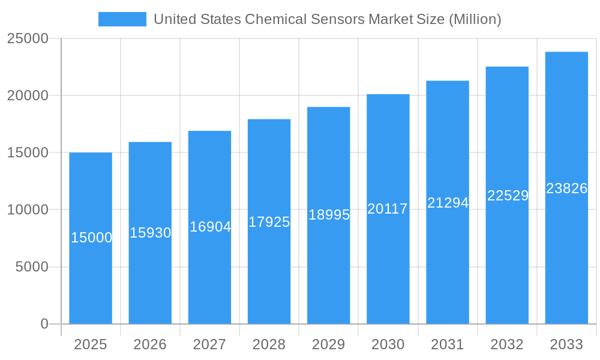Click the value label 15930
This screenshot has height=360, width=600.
point(151,233)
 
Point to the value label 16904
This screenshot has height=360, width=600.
point(210,227)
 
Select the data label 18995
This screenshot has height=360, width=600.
point(329,215)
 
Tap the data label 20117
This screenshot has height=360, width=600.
point(388,209)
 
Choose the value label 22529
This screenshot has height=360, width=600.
point(508,196)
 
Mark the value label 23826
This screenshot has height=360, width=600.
point(566,188)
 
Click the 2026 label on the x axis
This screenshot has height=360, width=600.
point(150,344)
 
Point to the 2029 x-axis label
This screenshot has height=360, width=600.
point(328,344)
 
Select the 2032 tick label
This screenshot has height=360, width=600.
point(507,344)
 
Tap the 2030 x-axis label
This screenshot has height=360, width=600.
point(388,344)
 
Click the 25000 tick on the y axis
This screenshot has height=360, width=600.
point(28,38)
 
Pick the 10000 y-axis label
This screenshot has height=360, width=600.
point(28,210)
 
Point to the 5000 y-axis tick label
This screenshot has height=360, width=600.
point(31,267)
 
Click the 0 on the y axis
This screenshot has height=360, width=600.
point(44,324)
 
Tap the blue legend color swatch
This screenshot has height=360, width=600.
point(122,19)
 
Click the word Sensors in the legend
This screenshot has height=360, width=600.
point(338,19)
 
